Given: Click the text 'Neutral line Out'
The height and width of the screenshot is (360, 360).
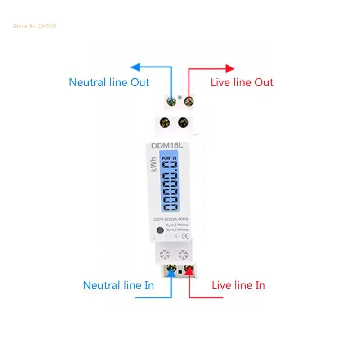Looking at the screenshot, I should (109, 82).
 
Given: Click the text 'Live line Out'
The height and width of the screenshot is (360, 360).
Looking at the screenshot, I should (242, 82).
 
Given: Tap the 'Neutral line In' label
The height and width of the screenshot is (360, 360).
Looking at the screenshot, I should (118, 285).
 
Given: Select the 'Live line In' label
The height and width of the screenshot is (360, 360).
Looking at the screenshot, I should (238, 285).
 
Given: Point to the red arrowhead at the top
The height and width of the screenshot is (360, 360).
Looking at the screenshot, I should (230, 68).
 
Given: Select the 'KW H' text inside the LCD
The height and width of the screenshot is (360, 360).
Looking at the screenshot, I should (169, 158).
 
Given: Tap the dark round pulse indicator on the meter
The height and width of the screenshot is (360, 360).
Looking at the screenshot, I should (159, 232).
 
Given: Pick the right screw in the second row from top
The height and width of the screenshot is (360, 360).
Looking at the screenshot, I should (183, 122).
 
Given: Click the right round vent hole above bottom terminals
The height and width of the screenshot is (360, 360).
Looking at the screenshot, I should (182, 255).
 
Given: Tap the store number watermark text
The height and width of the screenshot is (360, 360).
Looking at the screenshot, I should (35, 26).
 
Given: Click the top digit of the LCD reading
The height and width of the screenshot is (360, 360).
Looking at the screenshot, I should (170, 170).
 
